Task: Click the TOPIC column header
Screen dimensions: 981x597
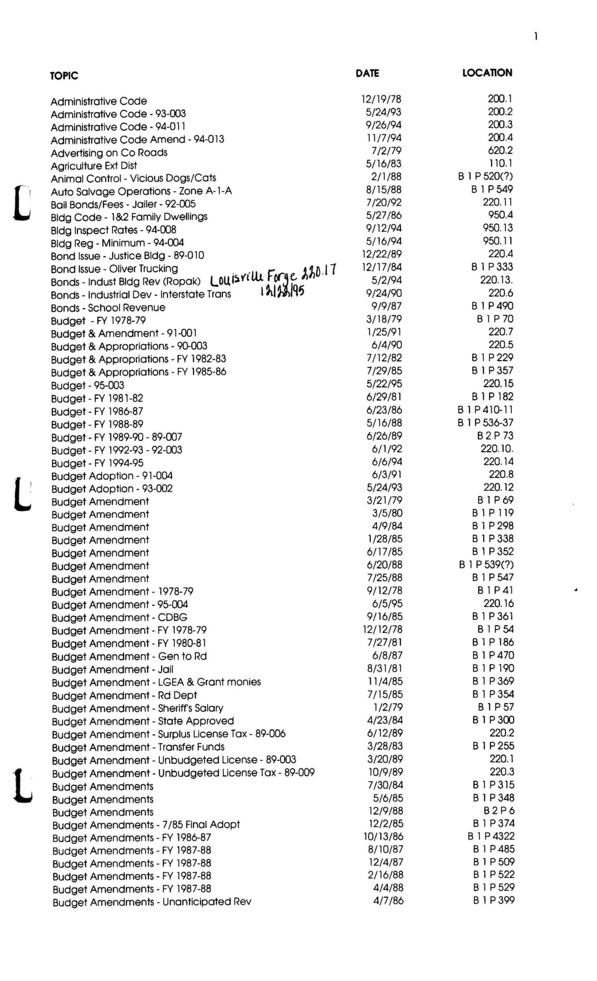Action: pos(64,76)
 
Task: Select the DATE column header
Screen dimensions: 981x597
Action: pos(367,73)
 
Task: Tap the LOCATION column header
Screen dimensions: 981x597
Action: pos(487,73)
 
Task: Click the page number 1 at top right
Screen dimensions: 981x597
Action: pos(535,37)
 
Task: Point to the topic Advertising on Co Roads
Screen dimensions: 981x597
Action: pos(109,153)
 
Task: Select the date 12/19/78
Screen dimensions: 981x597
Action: pos(381,100)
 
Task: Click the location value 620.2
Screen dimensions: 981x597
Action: pos(500,150)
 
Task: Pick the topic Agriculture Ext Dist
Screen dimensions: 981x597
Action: pos(94,165)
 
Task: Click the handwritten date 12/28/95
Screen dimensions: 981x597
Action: pos(282,292)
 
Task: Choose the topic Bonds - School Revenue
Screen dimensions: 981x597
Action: pos(108,308)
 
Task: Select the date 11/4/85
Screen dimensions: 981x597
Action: pos(385,682)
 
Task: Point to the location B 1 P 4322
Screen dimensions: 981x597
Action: pos(491,837)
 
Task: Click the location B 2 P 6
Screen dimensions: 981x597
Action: pos(499,811)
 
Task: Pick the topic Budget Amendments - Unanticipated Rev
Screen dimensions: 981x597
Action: pos(152,902)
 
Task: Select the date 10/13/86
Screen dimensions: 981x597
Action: pos(383,837)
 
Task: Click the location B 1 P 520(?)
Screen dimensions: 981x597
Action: pos(486,177)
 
